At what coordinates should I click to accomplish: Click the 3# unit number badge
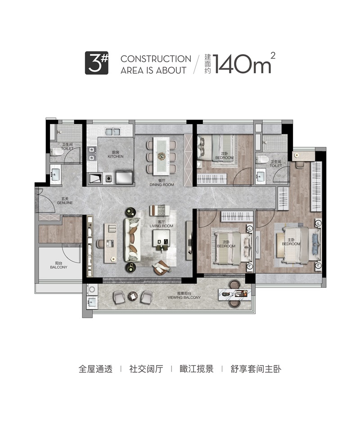coord(97,63)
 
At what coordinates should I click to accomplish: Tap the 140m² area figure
coord(244,63)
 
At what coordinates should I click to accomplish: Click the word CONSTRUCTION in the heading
coord(156,59)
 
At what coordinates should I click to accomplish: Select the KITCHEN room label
coord(116,156)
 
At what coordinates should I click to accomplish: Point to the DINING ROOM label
coord(162,185)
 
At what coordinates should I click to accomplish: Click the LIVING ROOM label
coord(161,226)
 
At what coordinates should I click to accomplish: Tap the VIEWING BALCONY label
coord(184,298)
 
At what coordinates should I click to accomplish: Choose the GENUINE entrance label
coord(65,202)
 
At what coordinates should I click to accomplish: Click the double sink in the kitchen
coord(112,132)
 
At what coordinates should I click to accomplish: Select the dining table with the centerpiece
coord(161,156)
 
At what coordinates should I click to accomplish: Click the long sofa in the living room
coord(132,240)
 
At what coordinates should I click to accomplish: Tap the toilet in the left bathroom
coord(57,152)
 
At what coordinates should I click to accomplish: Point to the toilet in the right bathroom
coord(262,159)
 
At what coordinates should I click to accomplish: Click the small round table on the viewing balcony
coord(133,296)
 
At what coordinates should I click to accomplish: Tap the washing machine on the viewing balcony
coord(92,290)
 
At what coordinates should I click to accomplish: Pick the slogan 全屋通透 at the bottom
coord(95,369)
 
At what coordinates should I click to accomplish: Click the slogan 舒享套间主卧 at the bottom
coord(256,369)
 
